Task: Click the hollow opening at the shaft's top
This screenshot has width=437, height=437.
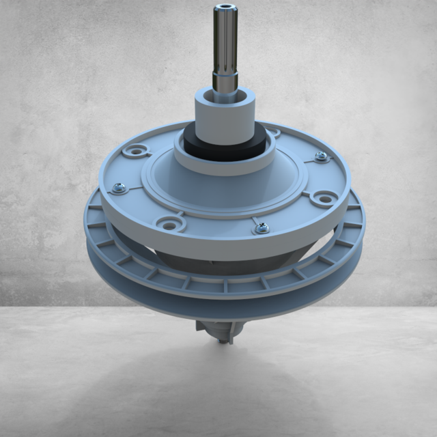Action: [x=225, y=9]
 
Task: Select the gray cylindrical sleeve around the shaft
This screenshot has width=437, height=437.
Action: [x=224, y=109]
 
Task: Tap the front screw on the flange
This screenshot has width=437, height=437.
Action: [x=262, y=228]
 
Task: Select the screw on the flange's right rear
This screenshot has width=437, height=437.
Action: [x=321, y=156]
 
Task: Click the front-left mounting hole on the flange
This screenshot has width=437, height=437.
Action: [x=167, y=223]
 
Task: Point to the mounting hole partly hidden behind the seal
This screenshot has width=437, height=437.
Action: [x=273, y=132]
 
